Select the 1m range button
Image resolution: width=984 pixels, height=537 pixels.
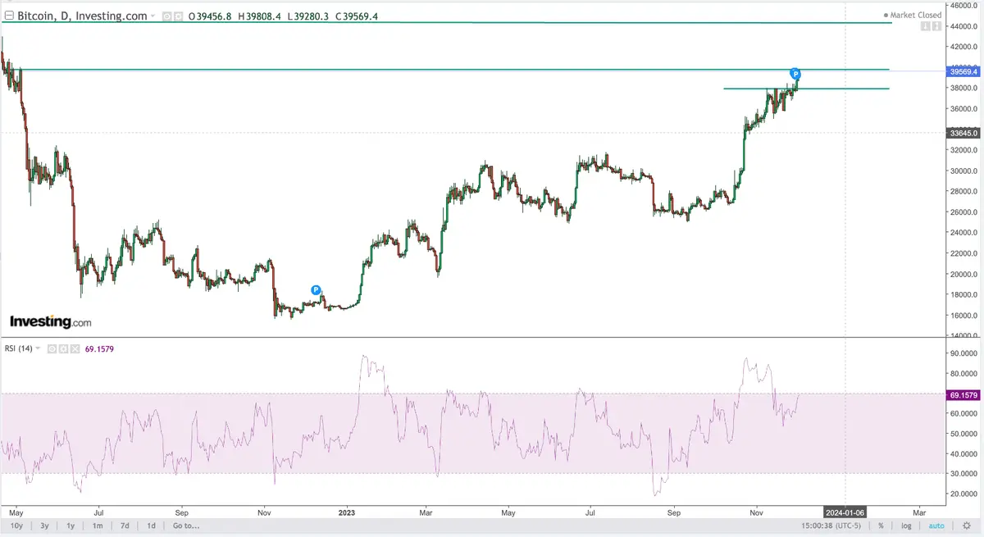[x=97, y=526]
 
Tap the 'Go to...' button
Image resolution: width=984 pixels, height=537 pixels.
[x=186, y=526]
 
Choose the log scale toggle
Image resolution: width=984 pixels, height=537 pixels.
[x=907, y=526]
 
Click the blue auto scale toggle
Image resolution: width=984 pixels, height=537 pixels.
[x=936, y=526]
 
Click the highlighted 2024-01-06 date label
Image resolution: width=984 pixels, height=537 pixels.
[x=845, y=512]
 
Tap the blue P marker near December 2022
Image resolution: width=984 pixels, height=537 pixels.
[x=317, y=290]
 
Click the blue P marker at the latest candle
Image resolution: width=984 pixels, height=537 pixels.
[x=795, y=75]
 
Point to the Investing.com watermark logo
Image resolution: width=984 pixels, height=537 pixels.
[x=51, y=322]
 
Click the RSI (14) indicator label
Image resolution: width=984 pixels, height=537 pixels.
[x=19, y=348]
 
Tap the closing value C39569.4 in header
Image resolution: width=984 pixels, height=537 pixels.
[x=353, y=16]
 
